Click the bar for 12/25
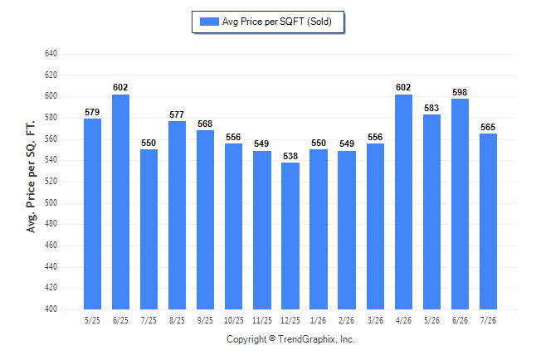point(290,236)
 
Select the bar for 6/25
point(120,202)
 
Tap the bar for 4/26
point(403,202)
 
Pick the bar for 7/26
point(488,221)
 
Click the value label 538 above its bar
point(290,156)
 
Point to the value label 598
point(460,92)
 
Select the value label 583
point(431,108)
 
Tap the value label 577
point(177,114)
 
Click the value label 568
point(205,124)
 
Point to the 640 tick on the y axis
point(51,54)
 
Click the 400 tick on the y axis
point(51,309)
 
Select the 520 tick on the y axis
point(51,181)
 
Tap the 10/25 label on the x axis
point(234,320)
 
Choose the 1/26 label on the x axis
point(319,320)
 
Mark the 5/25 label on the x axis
point(92,320)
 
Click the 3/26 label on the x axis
point(375,320)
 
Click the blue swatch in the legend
point(209,22)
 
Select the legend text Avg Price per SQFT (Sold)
point(277,22)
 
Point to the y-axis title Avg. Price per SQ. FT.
point(31,177)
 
